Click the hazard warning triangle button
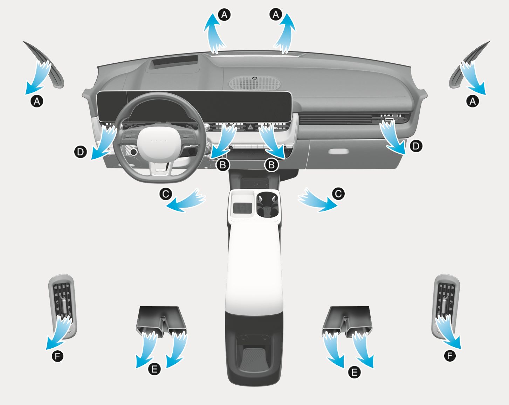tap(250, 127)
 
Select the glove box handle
tap(338, 152)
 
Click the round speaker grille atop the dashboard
tap(255, 83)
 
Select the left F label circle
tap(57, 356)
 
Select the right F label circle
tap(450, 356)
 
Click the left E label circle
tap(154, 369)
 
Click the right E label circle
tap(354, 372)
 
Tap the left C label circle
tap(166, 194)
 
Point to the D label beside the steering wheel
tap(81, 152)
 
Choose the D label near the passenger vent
tap(415, 146)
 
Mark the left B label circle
tap(223, 165)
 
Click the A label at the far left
tap(37, 102)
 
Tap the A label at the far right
tap(473, 102)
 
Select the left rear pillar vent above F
tap(63, 306)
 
